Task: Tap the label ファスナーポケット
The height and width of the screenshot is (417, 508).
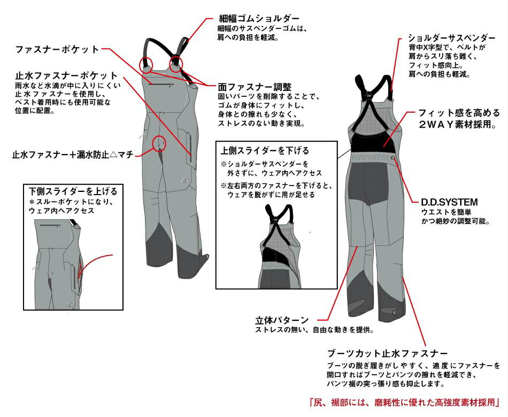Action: point(57,49)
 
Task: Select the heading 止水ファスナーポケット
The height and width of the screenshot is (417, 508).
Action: point(66,75)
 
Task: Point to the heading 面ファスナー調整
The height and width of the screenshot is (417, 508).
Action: point(255,86)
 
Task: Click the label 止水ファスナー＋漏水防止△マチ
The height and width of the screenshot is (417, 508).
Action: point(72,155)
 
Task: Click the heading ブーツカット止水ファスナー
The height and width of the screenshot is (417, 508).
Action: point(387,353)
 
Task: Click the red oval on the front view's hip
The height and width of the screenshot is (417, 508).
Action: point(159,143)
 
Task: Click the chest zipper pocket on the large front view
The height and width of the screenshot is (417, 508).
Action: point(161,84)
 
